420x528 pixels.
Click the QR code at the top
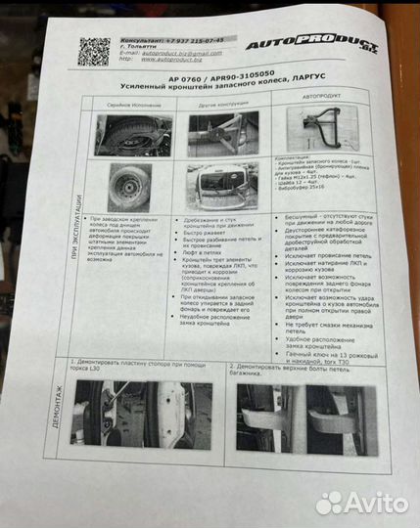(x=95, y=51)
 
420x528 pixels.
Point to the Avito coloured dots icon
(x=329, y=502)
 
